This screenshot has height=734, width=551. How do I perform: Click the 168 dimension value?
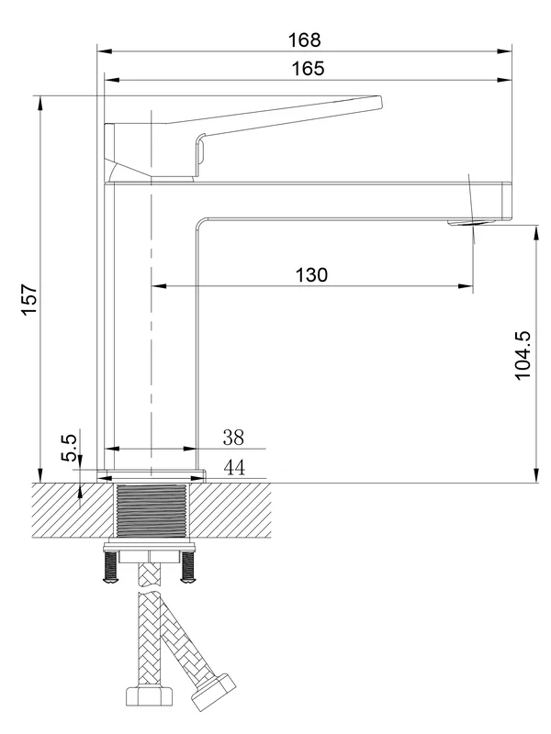tap(305, 39)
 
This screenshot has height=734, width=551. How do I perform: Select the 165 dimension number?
tap(308, 68)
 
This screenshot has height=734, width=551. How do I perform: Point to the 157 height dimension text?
tap(29, 300)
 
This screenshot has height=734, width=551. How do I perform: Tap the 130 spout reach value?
tap(311, 274)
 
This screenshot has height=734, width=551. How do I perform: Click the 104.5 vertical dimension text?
tap(523, 356)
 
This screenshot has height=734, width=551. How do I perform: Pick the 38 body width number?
tap(233, 438)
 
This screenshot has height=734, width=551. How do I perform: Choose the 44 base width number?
tap(234, 467)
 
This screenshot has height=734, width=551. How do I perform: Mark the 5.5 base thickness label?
tap(69, 448)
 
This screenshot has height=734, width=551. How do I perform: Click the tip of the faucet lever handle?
tap(380, 103)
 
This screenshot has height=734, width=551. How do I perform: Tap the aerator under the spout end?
tap(473, 223)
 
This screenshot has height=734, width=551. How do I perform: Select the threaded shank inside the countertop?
tap(151, 511)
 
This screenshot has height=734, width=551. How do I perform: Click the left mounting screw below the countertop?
tap(110, 567)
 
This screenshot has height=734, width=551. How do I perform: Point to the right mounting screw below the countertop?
tap(188, 567)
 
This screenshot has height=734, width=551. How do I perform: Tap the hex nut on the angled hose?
tap(213, 693)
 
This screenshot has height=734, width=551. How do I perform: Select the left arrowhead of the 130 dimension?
tap(159, 285)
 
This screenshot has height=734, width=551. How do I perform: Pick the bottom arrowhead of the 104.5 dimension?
tap(536, 475)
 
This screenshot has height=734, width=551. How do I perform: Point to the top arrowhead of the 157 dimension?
tap(40, 104)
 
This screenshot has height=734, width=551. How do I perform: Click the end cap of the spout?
tap(507, 201)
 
